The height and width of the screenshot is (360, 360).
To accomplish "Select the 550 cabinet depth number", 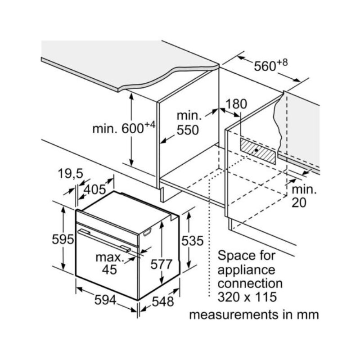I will pos(187,130).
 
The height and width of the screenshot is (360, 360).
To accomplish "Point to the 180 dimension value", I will pos(236,104).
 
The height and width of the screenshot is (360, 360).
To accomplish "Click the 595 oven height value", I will pos(63,239).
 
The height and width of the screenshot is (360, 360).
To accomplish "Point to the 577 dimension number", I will pos(161,265).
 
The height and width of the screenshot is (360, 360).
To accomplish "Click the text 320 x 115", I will pos(247,297).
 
